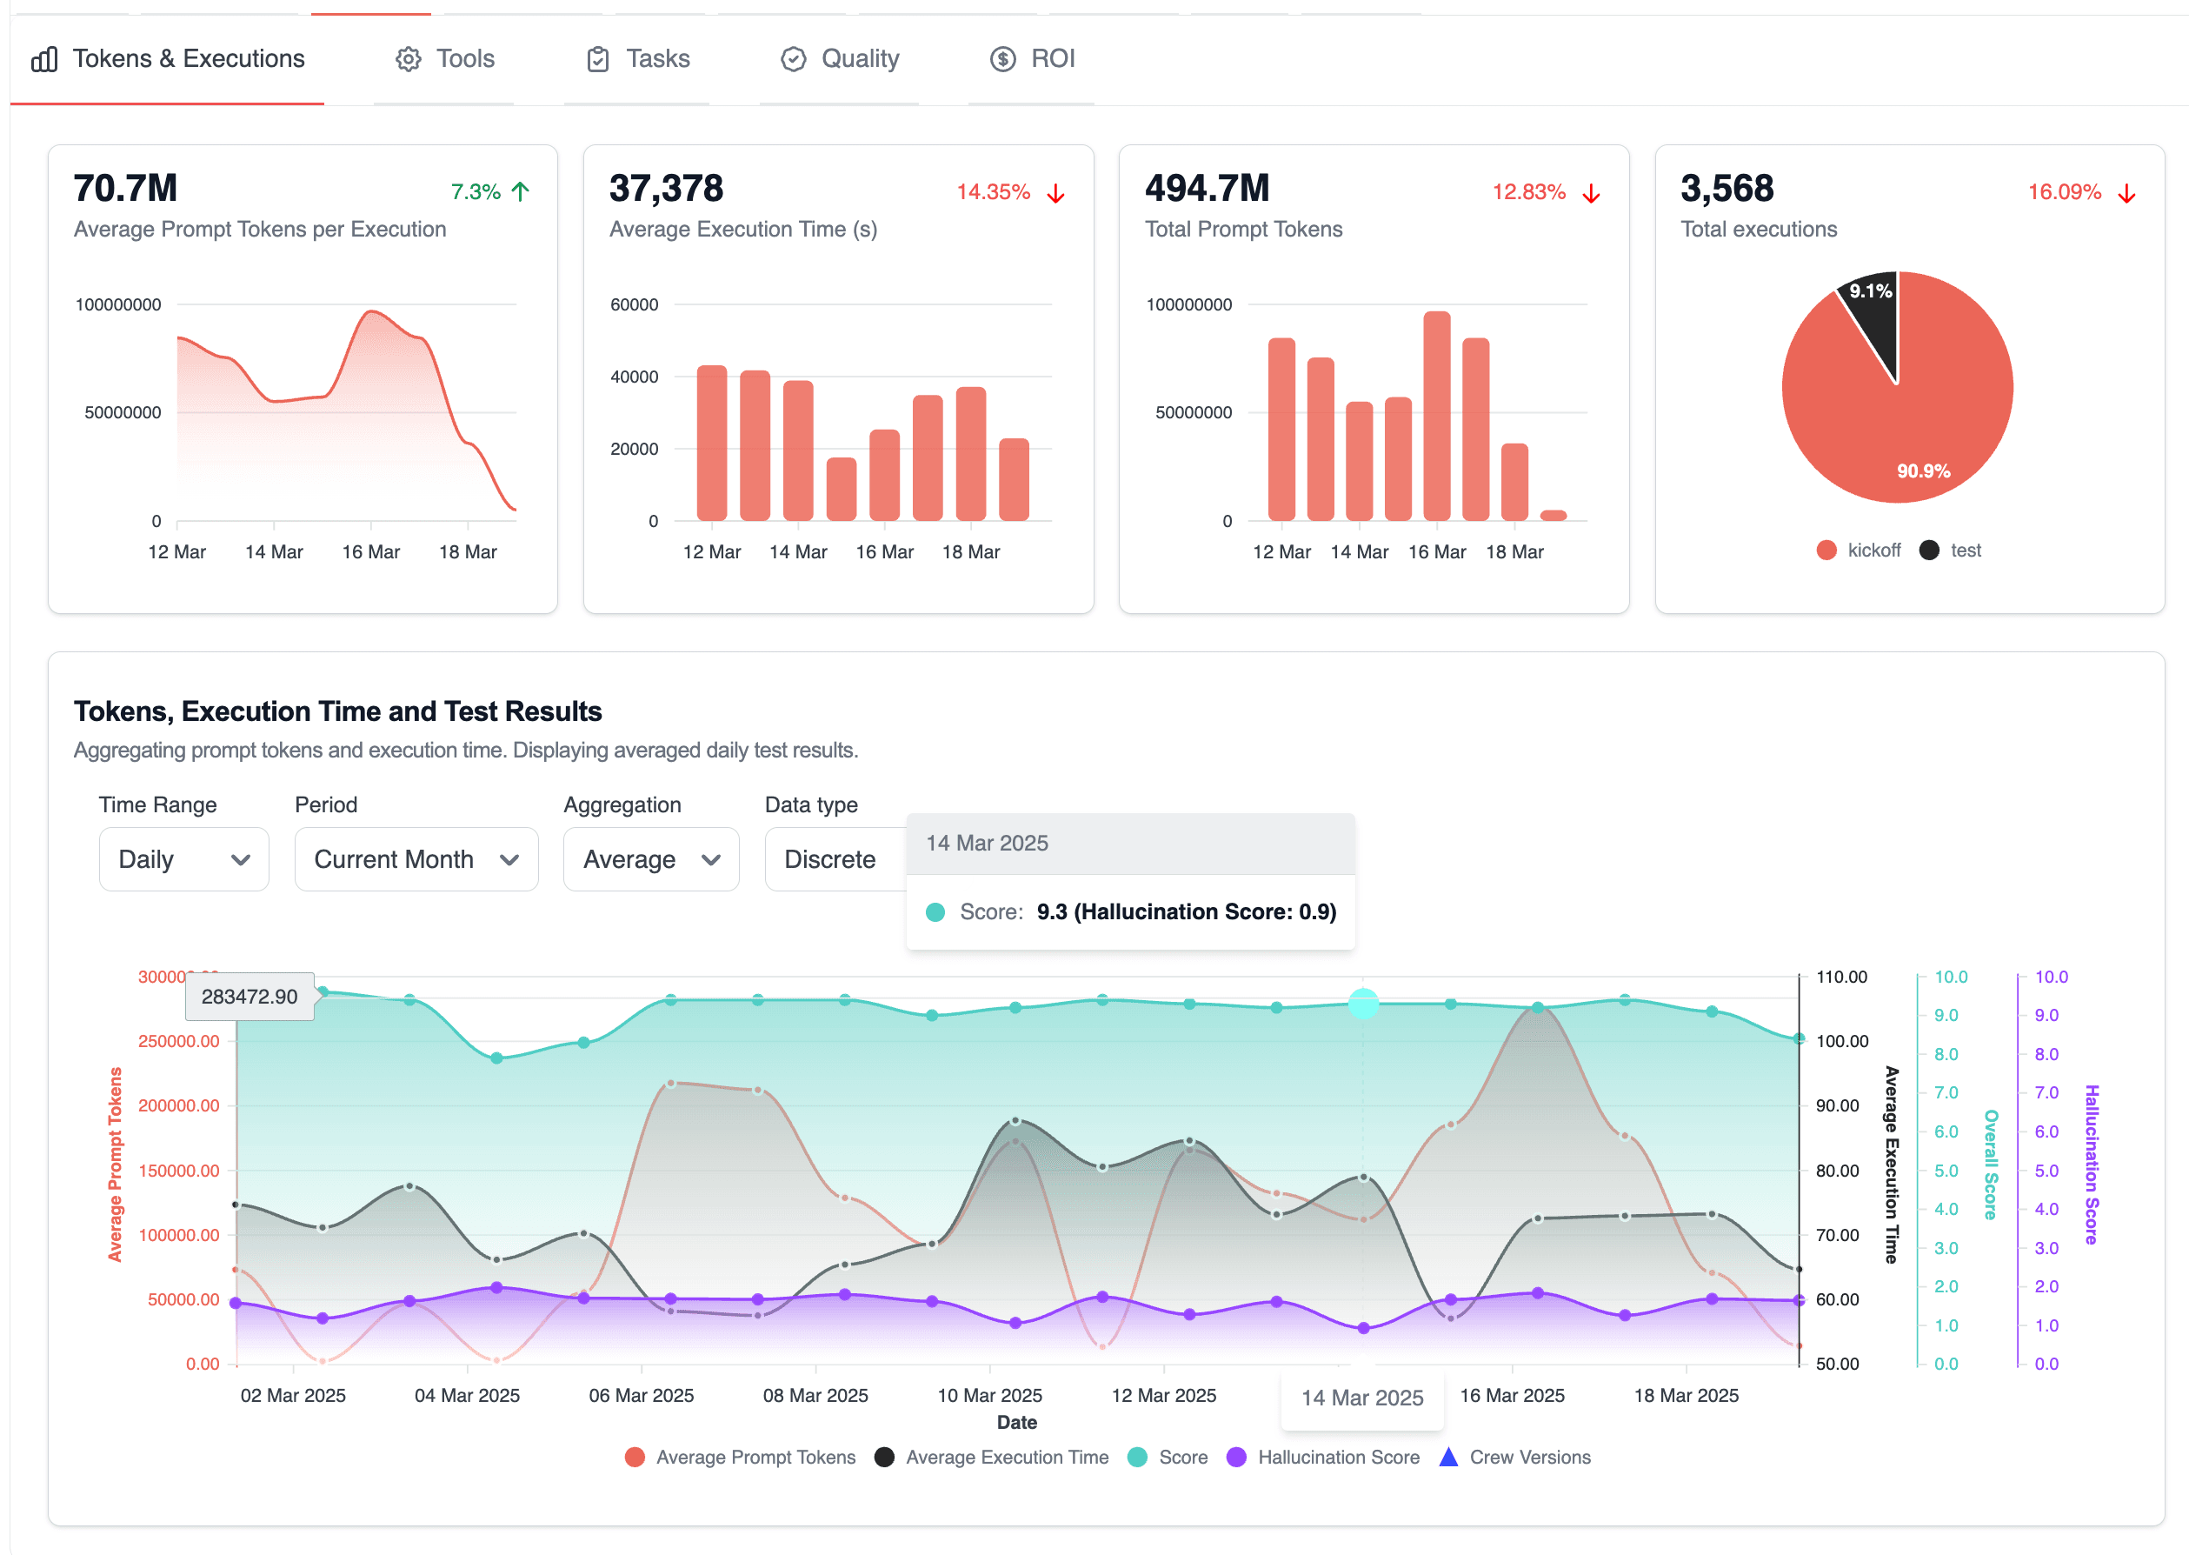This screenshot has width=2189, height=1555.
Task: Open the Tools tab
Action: (x=445, y=59)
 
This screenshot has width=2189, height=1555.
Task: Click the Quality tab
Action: (x=840, y=59)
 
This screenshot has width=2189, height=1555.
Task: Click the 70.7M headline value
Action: (x=125, y=189)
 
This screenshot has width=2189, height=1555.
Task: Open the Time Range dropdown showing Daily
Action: (x=183, y=860)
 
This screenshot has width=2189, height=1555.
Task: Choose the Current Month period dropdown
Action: (x=416, y=860)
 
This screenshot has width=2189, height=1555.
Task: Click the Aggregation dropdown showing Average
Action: (x=651, y=860)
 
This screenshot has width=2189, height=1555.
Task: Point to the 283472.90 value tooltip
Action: (x=250, y=997)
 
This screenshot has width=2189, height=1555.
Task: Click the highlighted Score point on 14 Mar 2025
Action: (x=1363, y=1004)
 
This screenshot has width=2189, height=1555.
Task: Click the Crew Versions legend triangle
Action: (x=1448, y=1458)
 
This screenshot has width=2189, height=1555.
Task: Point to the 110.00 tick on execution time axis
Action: (x=1840, y=977)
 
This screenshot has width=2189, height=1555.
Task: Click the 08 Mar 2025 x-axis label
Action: (x=815, y=1395)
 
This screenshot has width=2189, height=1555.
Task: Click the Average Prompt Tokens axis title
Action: (x=116, y=1165)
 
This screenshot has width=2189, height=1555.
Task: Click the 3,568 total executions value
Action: (x=1726, y=189)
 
